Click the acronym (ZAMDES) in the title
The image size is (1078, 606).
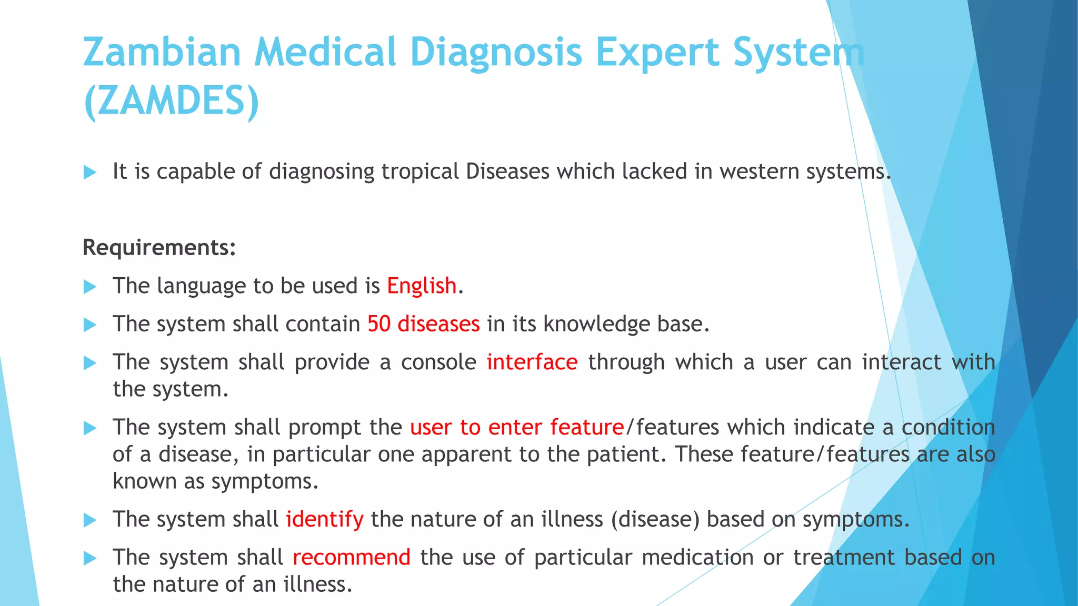tap(172, 100)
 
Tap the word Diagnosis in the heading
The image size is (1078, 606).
tap(495, 52)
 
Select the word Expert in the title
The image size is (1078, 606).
tap(657, 52)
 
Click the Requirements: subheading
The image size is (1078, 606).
tap(159, 247)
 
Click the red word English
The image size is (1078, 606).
tap(421, 286)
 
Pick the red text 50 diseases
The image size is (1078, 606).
tap(423, 324)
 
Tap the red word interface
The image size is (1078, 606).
tap(532, 362)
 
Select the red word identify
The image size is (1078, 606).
tap(324, 519)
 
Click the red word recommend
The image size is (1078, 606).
tap(351, 557)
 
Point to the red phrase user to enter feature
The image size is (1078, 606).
tap(516, 427)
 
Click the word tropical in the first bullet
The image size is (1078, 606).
tap(420, 171)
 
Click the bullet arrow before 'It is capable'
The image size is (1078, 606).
tap(90, 172)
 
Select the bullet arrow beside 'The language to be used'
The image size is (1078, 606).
tap(90, 287)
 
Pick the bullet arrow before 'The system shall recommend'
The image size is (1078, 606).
tap(90, 558)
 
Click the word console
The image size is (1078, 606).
tap(438, 362)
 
